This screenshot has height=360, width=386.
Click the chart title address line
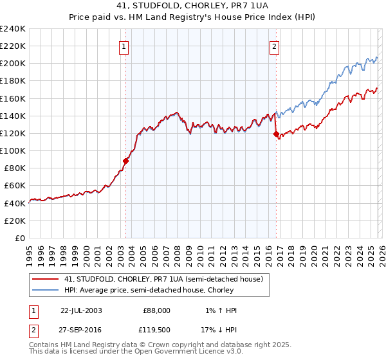[193, 6]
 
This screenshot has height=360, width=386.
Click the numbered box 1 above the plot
[123, 46]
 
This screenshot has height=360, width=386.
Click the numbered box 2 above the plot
[274, 46]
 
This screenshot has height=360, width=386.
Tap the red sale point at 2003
[126, 161]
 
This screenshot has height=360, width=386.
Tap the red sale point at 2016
[276, 134]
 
